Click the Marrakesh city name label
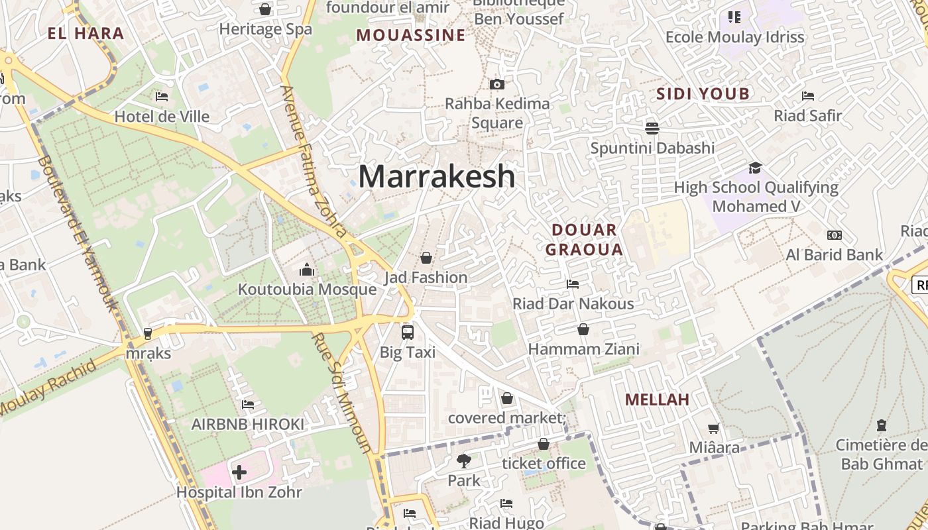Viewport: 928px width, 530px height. (437, 176)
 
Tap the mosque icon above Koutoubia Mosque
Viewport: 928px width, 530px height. (307, 270)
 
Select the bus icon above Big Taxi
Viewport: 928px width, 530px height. (408, 332)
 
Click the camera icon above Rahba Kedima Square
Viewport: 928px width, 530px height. (496, 84)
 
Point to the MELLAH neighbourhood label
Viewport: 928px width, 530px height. (657, 399)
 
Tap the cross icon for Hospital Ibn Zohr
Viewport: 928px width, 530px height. (239, 472)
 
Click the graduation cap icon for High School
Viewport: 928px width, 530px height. (756, 168)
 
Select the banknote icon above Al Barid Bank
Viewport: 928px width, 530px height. (835, 235)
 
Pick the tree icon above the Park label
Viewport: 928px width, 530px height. (463, 460)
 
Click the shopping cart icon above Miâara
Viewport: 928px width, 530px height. (714, 428)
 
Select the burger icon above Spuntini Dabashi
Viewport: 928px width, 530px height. (652, 128)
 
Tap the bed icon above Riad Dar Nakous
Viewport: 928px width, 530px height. (573, 284)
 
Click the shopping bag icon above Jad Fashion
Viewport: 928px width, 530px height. (426, 258)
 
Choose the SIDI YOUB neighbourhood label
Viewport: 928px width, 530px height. (703, 93)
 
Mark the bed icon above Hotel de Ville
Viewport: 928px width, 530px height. (162, 97)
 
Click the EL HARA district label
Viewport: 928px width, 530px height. (86, 33)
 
